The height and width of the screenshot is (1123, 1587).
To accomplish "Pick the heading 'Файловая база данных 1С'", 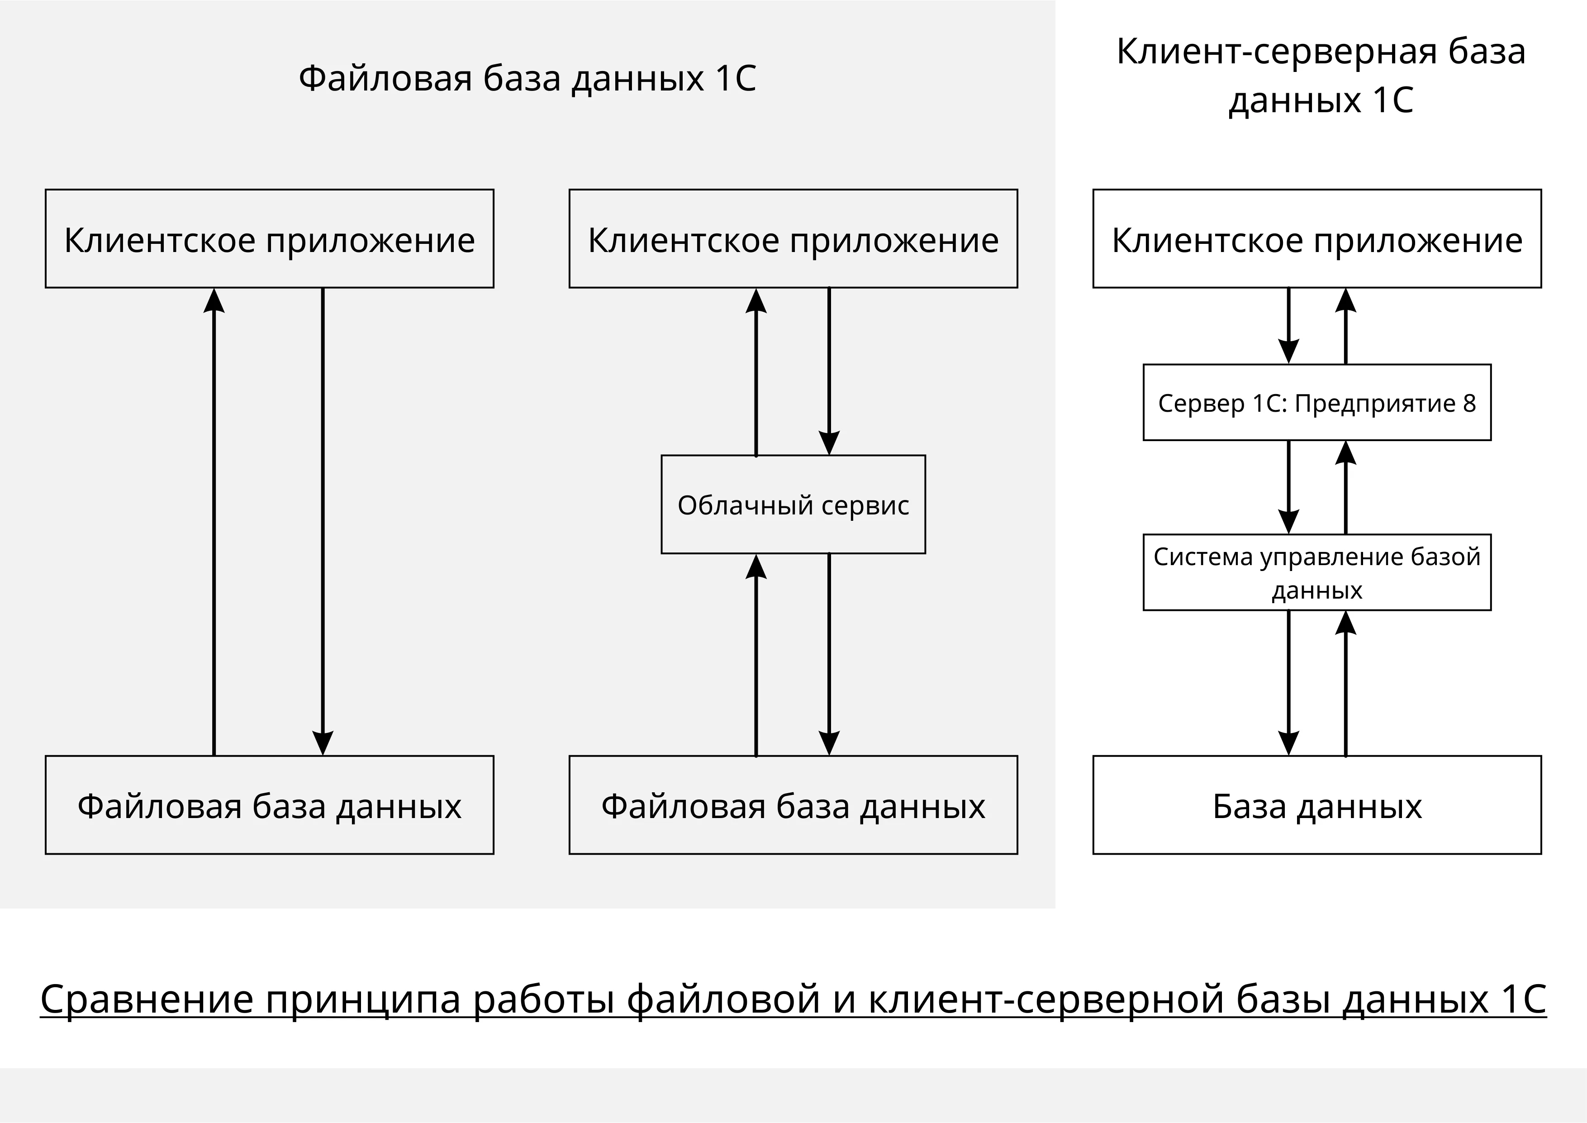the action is [527, 78].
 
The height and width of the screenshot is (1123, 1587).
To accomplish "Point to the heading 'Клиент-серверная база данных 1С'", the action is [1321, 76].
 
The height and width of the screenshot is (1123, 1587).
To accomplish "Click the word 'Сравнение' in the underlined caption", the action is [147, 999].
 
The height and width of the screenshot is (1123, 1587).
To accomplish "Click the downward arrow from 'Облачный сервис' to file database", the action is [829, 654].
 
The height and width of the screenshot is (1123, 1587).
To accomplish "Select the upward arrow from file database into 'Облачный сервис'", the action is [756, 654].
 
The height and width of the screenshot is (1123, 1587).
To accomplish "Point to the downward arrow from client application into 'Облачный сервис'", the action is [829, 371].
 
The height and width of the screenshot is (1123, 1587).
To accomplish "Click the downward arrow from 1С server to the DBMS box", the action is [1288, 487].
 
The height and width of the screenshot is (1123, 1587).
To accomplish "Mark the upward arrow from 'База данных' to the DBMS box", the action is [1345, 683].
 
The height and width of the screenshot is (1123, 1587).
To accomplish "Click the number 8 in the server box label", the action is [1469, 403].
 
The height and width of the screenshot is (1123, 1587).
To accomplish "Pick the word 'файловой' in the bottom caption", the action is [724, 999].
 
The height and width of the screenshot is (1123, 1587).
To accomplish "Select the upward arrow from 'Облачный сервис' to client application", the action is [756, 371].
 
